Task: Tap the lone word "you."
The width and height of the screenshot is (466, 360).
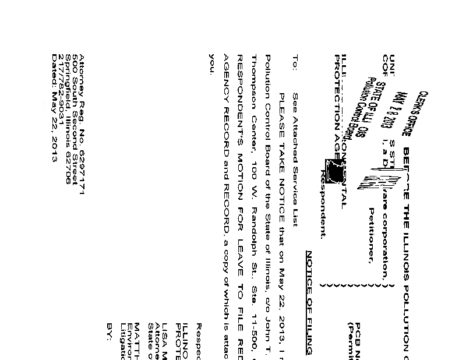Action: point(211,62)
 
